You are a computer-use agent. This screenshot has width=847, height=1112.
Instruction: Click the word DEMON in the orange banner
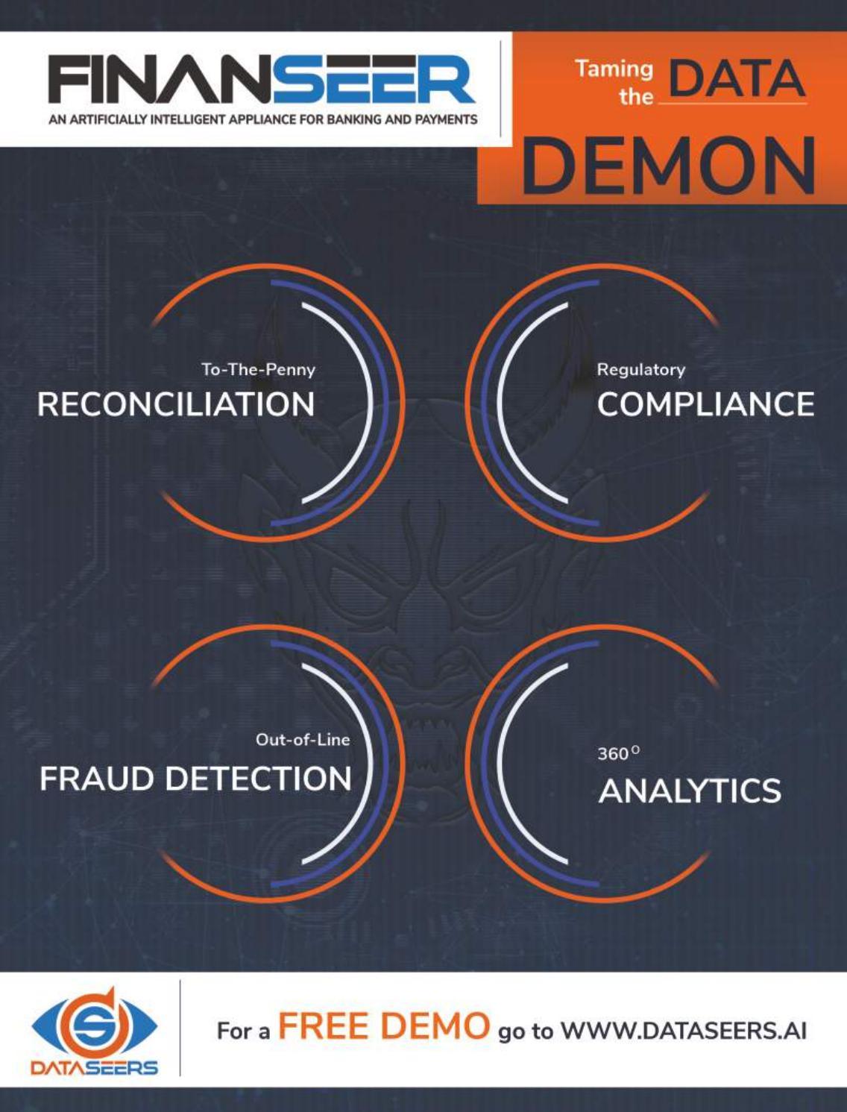(x=668, y=165)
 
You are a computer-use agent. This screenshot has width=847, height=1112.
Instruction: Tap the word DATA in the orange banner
(x=737, y=80)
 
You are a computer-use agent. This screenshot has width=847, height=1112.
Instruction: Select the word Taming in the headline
(x=614, y=69)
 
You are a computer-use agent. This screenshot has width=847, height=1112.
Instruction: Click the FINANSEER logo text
(x=262, y=80)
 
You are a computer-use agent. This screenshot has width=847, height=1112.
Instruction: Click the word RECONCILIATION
(x=176, y=404)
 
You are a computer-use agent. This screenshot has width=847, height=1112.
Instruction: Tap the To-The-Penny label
(x=258, y=369)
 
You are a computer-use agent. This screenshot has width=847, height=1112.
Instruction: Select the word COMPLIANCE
(x=705, y=404)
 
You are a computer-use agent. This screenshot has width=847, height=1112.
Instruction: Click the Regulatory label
(x=640, y=369)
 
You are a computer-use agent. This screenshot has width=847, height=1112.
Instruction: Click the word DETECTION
(x=258, y=779)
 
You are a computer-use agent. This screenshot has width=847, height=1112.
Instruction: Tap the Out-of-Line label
(x=302, y=740)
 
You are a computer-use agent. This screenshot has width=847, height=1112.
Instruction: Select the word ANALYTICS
(x=690, y=791)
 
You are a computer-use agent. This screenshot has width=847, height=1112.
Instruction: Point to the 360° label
(x=618, y=753)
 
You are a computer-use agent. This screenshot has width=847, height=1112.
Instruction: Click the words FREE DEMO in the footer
(x=384, y=1026)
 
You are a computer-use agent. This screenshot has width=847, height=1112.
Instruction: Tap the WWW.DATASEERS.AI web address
(x=683, y=1031)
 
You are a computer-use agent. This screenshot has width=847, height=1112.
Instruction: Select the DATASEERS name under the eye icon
(x=94, y=1068)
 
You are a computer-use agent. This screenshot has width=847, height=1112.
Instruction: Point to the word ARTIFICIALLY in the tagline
(x=110, y=119)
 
